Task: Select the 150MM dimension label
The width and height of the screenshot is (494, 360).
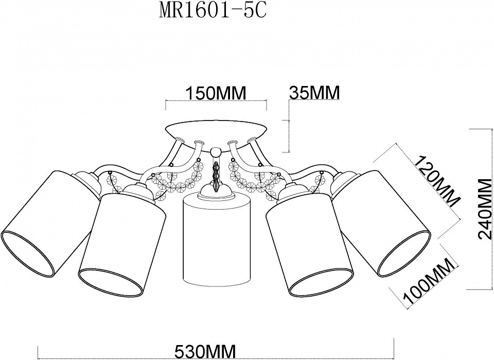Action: click(x=216, y=93)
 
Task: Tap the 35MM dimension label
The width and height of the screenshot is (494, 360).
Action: click(x=315, y=93)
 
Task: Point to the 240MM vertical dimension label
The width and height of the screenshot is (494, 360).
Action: click(x=486, y=209)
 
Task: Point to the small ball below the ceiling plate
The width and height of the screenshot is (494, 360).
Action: click(x=216, y=151)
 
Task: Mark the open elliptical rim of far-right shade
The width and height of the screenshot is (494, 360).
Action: click(x=404, y=252)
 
